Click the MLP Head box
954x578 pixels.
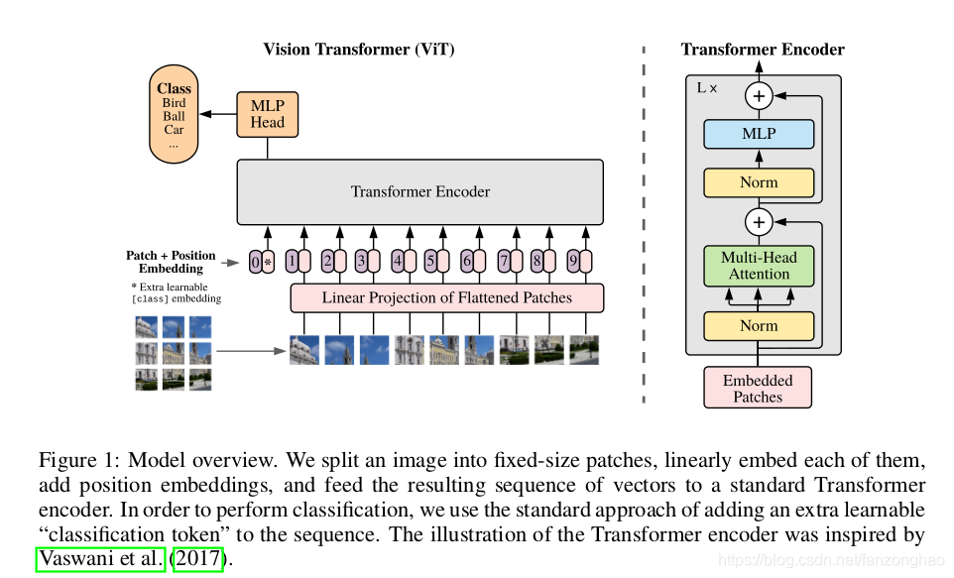(267, 114)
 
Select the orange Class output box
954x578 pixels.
(174, 115)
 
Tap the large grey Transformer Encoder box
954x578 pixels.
(419, 191)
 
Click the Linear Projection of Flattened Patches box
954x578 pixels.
(446, 296)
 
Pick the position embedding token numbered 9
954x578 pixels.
(578, 262)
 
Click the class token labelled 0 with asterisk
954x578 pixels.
(262, 262)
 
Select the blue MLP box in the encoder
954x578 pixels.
(759, 134)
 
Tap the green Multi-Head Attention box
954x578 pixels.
(759, 265)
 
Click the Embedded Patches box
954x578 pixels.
(758, 388)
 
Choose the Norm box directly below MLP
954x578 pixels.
(759, 182)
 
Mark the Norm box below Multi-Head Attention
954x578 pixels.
(759, 325)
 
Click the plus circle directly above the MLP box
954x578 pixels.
(759, 96)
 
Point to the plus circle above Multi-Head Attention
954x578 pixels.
(759, 221)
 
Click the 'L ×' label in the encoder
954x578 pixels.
(707, 88)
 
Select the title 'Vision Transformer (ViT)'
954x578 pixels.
(359, 50)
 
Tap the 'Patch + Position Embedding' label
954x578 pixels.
(171, 262)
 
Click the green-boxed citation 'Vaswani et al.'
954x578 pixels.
(101, 558)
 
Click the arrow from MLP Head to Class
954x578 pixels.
(217, 114)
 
